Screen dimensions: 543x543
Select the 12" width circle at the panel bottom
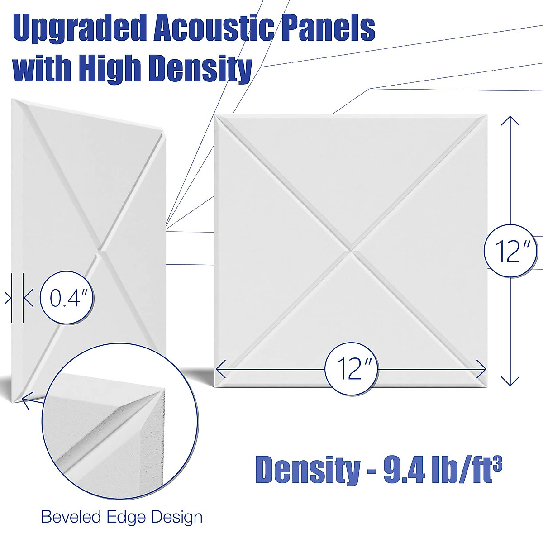(351, 369)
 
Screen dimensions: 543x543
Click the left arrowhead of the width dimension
(220, 369)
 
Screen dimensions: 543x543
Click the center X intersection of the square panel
(351, 250)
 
